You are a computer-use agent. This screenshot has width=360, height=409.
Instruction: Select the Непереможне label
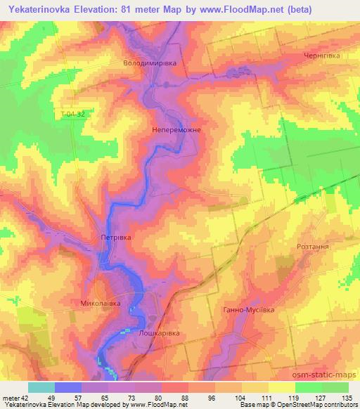click(x=176, y=130)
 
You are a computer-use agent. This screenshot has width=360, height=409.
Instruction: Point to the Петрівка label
click(x=115, y=238)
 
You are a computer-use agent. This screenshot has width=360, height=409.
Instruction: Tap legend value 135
click(x=345, y=397)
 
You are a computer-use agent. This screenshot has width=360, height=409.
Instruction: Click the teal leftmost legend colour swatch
click(x=41, y=387)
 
